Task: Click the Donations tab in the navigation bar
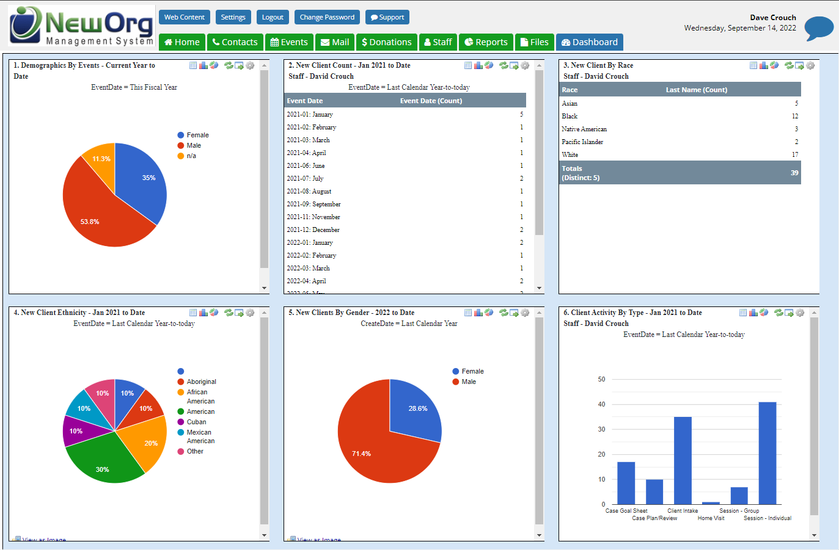(x=386, y=42)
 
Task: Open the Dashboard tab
(x=589, y=42)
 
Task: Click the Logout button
(x=273, y=17)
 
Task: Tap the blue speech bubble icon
(x=819, y=28)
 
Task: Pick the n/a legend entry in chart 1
(x=191, y=156)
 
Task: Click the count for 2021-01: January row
(x=521, y=115)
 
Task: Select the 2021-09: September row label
(x=314, y=204)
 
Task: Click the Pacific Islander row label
(x=582, y=142)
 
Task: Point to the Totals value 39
(x=794, y=173)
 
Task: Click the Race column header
(x=570, y=90)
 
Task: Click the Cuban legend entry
(x=196, y=422)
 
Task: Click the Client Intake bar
(x=683, y=460)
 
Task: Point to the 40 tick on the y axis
(x=601, y=405)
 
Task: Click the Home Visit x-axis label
(x=711, y=518)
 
